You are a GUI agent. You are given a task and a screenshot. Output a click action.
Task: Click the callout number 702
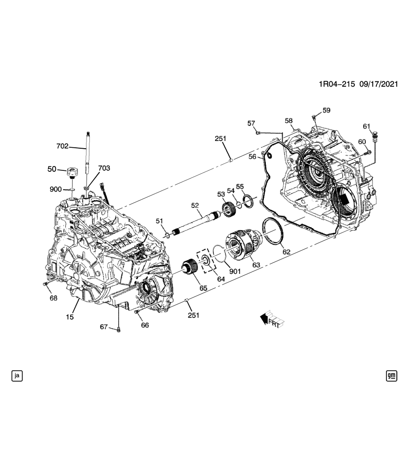(62, 146)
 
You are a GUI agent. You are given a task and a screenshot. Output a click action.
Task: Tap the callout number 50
(51, 169)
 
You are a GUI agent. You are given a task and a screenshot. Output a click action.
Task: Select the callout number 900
(56, 190)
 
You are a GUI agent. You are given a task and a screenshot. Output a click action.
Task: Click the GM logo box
(392, 375)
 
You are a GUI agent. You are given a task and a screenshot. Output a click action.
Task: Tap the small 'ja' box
(17, 375)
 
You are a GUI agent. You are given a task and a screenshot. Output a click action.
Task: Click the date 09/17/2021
(378, 84)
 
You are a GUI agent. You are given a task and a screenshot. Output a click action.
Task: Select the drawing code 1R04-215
(336, 84)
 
